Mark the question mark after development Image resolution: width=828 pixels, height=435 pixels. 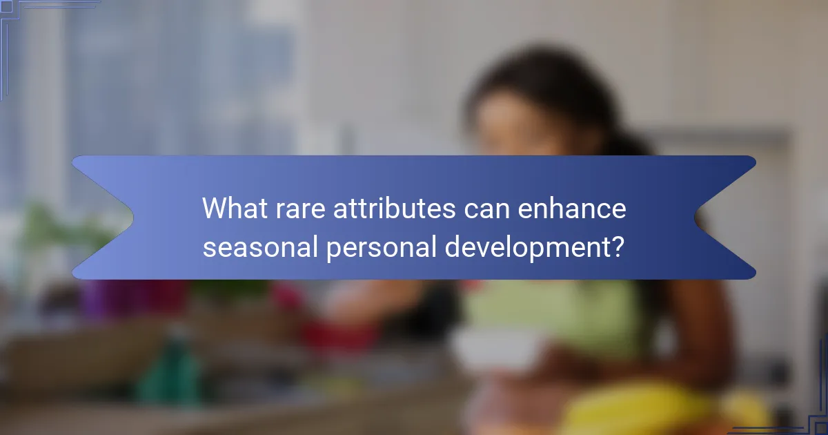click(619, 246)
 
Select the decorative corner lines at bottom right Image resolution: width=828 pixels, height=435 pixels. click(814, 414)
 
